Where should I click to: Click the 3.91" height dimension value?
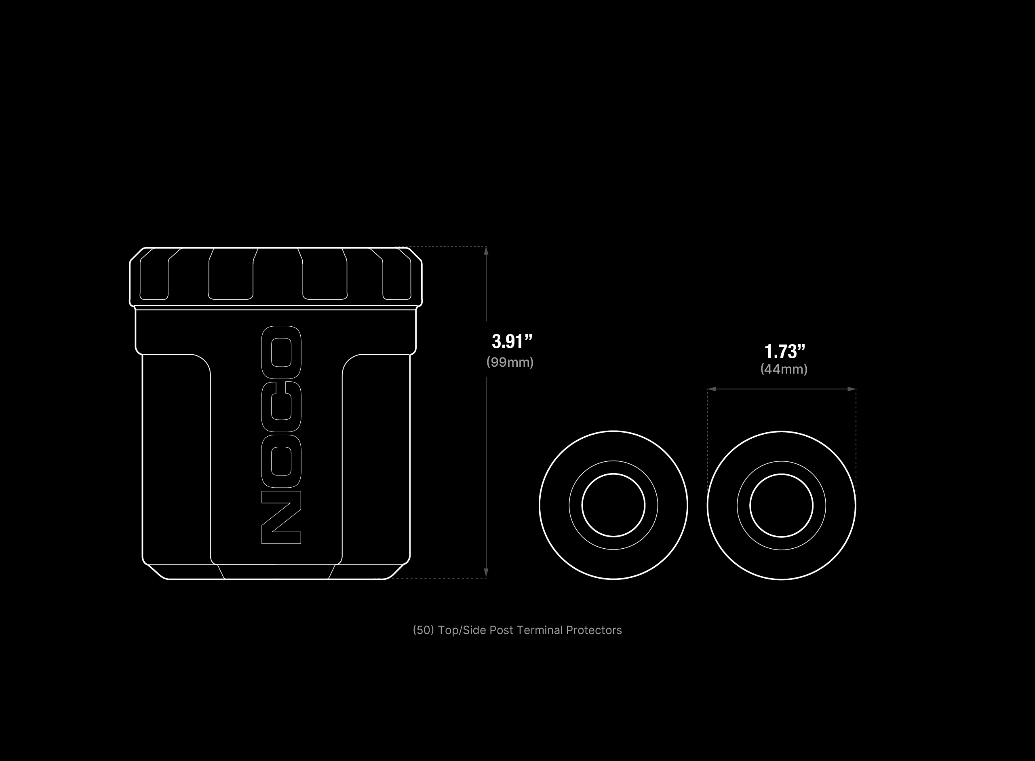click(x=512, y=341)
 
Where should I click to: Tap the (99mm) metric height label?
click(x=510, y=362)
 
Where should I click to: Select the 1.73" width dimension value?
click(x=785, y=351)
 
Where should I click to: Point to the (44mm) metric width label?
click(x=784, y=369)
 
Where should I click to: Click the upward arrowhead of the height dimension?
click(x=486, y=251)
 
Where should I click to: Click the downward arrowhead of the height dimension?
click(x=486, y=573)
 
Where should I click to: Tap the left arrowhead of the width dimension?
click(x=712, y=389)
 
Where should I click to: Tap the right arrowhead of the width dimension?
click(x=851, y=389)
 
